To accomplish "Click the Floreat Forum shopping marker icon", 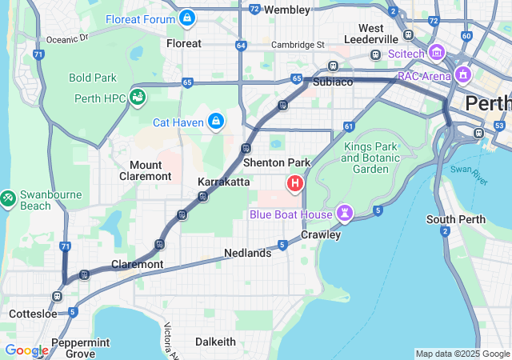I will click(186, 17).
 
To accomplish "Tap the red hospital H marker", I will click(295, 185).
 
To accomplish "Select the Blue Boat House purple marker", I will click(345, 213).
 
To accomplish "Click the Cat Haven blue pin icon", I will click(215, 122).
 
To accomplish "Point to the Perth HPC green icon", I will click(138, 98).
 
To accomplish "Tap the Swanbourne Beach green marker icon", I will click(7, 196).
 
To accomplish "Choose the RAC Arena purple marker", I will click(462, 77).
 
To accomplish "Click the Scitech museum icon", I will click(436, 53).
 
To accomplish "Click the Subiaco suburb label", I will click(333, 82).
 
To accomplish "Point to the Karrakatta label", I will click(223, 182).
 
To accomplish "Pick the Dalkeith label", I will click(215, 342).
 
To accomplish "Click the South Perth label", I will click(452, 219).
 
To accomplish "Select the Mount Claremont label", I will click(145, 170).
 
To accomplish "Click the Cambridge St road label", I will click(298, 45).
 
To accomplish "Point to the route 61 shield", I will click(348, 126).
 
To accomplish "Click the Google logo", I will click(26, 350).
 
